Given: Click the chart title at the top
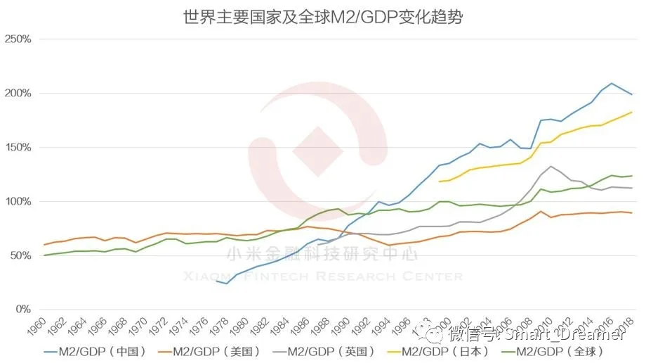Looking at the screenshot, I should point(322,15).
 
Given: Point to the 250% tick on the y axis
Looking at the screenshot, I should point(18,39).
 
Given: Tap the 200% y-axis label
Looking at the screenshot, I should point(18,94).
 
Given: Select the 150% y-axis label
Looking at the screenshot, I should point(18,148).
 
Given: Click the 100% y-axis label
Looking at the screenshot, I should point(18,202).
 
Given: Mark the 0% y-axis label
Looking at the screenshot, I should point(22,310).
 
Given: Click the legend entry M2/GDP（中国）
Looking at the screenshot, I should point(100,351).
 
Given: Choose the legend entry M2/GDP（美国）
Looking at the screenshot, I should point(213,351).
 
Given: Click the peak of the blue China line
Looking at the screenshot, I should point(612,83).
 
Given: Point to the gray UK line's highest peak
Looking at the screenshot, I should point(551,167).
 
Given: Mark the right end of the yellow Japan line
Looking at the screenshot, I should point(632,113).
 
